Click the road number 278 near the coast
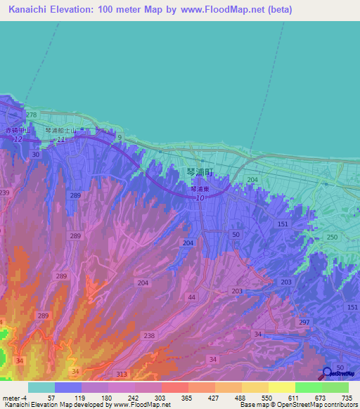click(x=31, y=115)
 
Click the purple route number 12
click(x=17, y=141)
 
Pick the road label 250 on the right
click(x=332, y=238)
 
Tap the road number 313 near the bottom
click(x=122, y=374)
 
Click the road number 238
click(x=149, y=336)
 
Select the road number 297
click(x=304, y=322)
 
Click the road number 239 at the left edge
click(x=5, y=193)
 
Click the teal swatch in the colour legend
click(x=41, y=387)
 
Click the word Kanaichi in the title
click(x=32, y=10)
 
